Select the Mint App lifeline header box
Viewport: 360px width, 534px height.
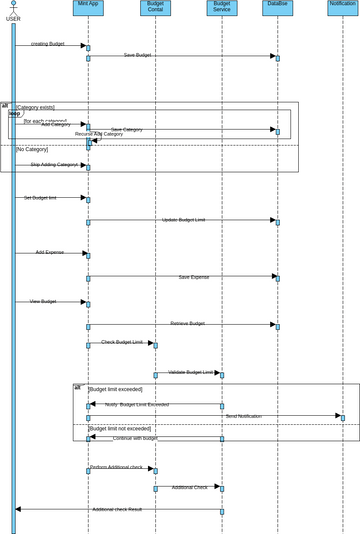88,7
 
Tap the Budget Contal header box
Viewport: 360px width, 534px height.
155,7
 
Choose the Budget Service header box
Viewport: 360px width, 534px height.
222,7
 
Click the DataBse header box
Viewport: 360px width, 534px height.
277,7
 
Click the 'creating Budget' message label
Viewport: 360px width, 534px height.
47,44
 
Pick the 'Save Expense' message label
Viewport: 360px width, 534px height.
194,277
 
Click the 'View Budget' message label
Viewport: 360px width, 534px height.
42,301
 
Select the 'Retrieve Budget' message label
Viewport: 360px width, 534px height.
187,323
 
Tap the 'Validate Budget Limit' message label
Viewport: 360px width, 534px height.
190,372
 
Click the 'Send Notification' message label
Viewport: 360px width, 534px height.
243,416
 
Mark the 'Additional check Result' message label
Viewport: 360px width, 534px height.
117,509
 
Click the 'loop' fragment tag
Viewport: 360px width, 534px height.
15,113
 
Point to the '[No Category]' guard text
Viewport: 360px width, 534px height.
32,149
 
